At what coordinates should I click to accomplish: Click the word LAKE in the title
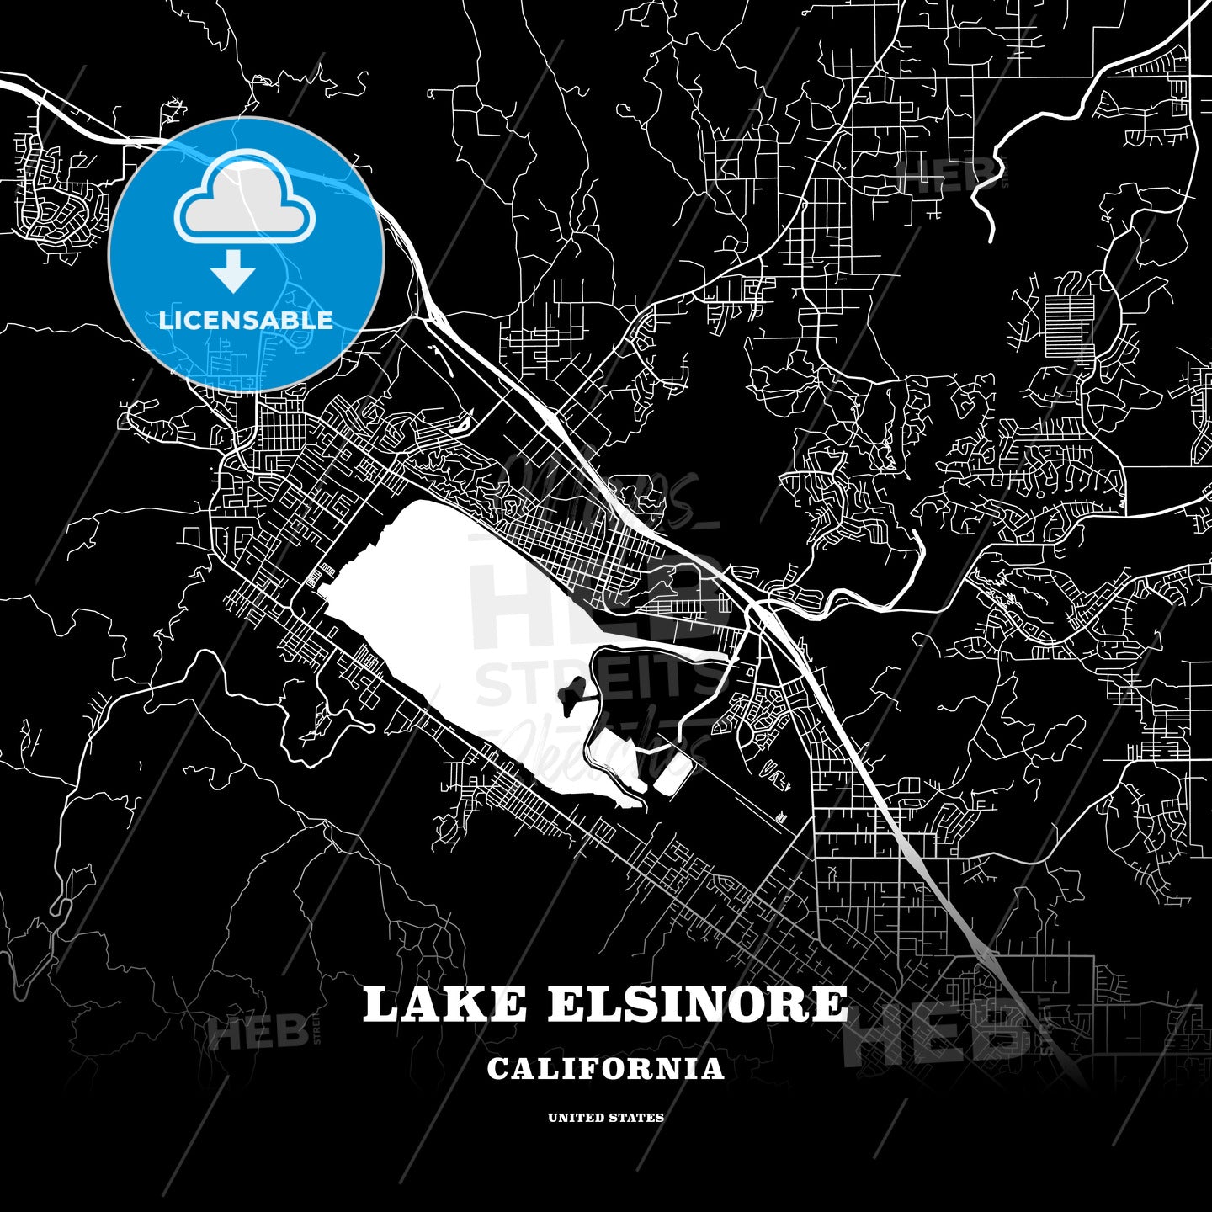444,1004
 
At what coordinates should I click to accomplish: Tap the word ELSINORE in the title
697,1004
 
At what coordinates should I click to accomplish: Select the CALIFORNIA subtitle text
605,1069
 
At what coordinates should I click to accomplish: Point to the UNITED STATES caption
605,1118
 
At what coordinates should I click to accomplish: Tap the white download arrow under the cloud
233,271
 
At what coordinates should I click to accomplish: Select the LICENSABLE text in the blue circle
246,321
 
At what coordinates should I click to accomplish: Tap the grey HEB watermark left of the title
258,1033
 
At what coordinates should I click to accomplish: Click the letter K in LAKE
466,1004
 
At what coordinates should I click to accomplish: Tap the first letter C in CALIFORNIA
497,1069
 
